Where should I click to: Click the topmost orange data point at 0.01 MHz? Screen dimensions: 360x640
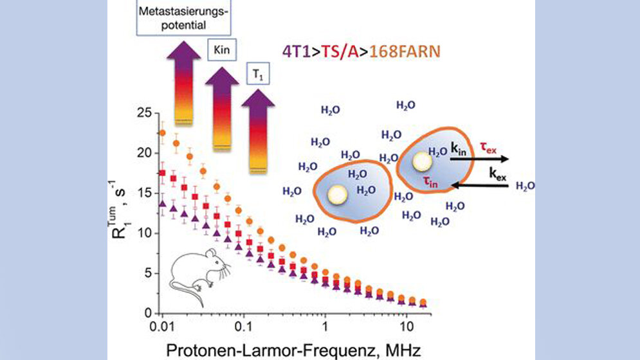point(163,133)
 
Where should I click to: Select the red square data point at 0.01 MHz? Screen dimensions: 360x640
point(163,173)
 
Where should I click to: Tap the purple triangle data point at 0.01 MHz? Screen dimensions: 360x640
point(163,204)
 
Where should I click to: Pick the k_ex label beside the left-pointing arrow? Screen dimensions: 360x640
point(497,174)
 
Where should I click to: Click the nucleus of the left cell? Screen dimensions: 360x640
point(335,194)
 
